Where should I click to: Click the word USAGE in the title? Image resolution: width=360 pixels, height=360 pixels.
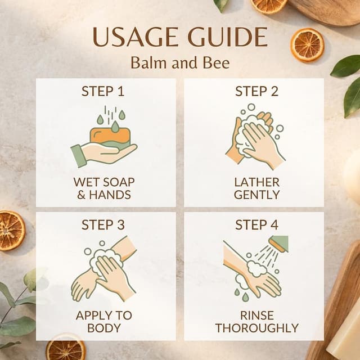pos(136,37)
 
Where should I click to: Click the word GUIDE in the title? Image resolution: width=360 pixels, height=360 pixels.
pos(228,37)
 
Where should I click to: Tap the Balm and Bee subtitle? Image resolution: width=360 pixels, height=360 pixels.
pos(180,62)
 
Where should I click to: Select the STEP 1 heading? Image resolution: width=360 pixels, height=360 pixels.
pos(103,91)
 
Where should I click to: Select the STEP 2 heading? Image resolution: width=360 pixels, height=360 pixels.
pos(256,91)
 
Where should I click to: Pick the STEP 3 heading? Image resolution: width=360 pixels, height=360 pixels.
pos(103,224)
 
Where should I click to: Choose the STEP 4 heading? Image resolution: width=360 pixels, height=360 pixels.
pos(256,224)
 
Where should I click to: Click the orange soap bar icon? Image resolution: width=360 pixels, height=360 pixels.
pos(110,136)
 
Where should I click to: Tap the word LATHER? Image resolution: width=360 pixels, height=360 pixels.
pos(256,182)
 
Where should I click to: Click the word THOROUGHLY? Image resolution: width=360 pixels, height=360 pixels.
pos(257,328)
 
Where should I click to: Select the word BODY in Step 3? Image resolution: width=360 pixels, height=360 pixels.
pos(103,328)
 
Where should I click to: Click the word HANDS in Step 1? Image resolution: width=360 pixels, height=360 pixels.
pos(110,195)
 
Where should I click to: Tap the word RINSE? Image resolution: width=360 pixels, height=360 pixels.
pos(257,316)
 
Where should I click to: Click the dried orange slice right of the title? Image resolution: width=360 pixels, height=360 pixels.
pos(307,45)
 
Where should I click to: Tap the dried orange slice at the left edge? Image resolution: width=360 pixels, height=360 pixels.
pos(11,231)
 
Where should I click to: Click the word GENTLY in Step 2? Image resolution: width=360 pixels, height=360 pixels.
pos(256,195)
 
